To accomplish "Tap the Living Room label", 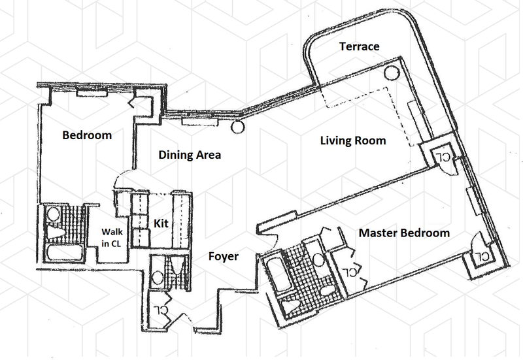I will (x=353, y=140).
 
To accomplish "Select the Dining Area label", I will (x=190, y=155).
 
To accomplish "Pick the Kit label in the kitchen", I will (x=161, y=223).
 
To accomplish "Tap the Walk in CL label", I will (x=111, y=236).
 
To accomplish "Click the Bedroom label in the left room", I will (x=87, y=136).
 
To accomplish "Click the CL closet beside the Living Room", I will (x=443, y=157).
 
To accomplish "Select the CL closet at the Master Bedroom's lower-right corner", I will (x=481, y=255).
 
